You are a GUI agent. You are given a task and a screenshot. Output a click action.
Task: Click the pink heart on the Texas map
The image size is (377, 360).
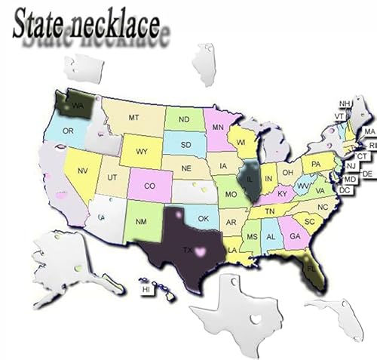pos(201,250)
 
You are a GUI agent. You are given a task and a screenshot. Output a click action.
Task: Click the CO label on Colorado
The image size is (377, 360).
pos(150,184)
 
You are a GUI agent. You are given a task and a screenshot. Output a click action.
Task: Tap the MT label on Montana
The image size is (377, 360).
pos(134,118)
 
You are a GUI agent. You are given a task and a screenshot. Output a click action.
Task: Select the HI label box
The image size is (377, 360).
pos(147,288)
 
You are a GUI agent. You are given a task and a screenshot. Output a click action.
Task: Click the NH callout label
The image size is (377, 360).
pos(345,103)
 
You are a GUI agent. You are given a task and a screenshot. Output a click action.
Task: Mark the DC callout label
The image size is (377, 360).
pos(344,189)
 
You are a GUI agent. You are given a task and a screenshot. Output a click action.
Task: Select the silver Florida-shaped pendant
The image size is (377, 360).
pos(336,313)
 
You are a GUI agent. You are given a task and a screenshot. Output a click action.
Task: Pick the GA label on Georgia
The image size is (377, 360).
pos(293,235)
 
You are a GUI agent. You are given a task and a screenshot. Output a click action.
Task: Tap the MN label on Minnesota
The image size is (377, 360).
pos(218,126)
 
